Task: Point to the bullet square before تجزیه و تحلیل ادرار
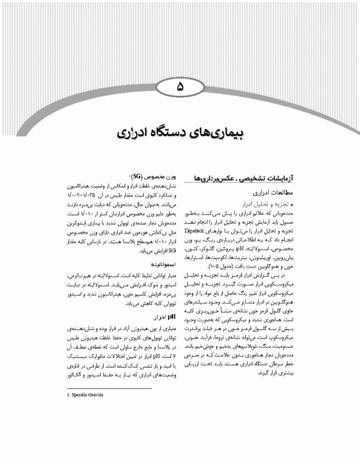coord(293,206)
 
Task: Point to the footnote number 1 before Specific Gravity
coord(68,395)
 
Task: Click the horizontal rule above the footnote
coord(109,388)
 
